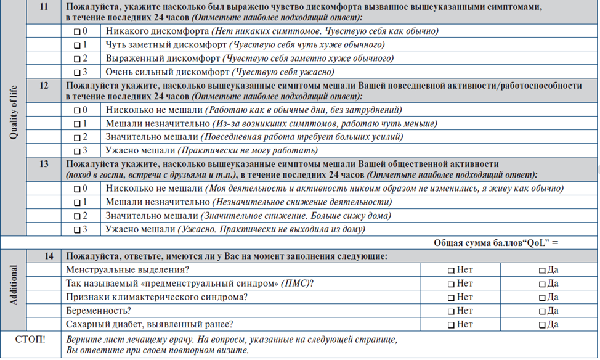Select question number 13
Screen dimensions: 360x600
pyautogui.click(x=43, y=165)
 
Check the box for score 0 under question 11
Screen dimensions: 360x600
pyautogui.click(x=77, y=31)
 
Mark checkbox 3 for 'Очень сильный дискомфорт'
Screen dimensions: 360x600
pyautogui.click(x=77, y=73)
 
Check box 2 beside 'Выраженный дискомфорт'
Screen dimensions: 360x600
pyautogui.click(x=77, y=59)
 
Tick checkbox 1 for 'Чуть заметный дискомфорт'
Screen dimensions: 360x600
pyautogui.click(x=77, y=45)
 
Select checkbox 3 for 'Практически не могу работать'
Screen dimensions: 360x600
pyautogui.click(x=77, y=151)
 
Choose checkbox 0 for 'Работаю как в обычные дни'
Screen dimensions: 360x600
pyautogui.click(x=77, y=110)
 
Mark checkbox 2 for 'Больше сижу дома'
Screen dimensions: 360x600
pyautogui.click(x=77, y=216)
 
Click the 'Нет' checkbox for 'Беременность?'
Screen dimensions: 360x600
pyautogui.click(x=451, y=311)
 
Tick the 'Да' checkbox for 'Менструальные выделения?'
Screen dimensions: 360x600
pyautogui.click(x=542, y=270)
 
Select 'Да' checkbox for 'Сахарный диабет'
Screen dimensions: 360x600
pyautogui.click(x=542, y=325)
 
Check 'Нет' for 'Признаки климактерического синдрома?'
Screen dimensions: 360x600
pyautogui.click(x=451, y=298)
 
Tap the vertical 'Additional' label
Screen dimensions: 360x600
pyautogui.click(x=14, y=285)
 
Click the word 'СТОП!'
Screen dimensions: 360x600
pyautogui.click(x=30, y=339)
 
